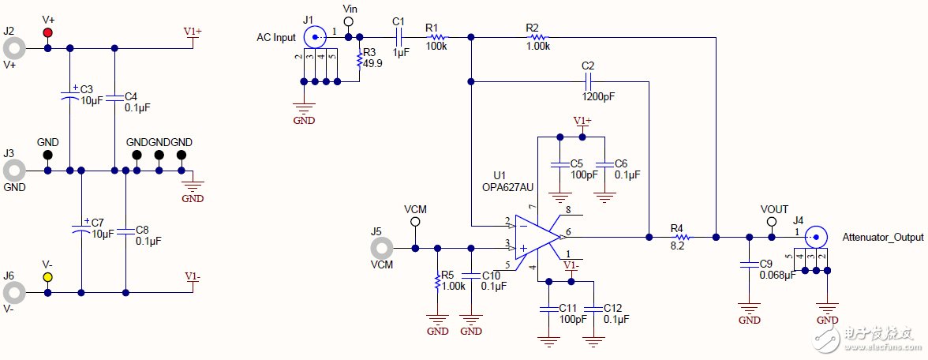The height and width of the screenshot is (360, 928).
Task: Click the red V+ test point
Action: tap(48, 32)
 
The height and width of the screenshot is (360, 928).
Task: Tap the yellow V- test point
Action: tap(48, 277)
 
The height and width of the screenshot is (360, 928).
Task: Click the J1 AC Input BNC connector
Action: tap(315, 36)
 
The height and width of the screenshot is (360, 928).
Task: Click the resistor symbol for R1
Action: tap(436, 36)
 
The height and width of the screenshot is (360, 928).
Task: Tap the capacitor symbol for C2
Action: tap(587, 81)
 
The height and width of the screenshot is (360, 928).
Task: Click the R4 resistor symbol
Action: tap(679, 236)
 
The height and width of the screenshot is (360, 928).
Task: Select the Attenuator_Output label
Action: tap(882, 237)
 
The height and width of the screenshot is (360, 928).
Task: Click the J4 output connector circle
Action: tap(816, 236)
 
